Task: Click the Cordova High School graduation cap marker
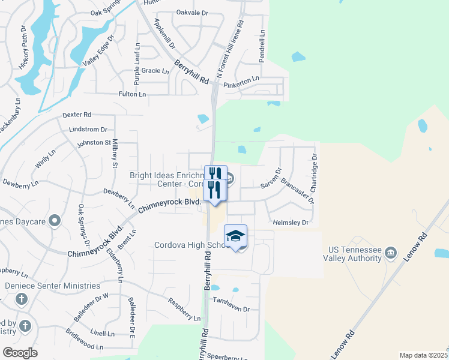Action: [x=236, y=235]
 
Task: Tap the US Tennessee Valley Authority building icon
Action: [x=391, y=251]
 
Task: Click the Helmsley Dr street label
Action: [x=291, y=222]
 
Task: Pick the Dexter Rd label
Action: [x=77, y=114]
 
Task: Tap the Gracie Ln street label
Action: [x=155, y=71]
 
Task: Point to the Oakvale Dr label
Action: [x=192, y=12]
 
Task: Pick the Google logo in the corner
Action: [x=20, y=353]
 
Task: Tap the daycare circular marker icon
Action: [x=55, y=221]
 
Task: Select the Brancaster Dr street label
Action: [x=297, y=191]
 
